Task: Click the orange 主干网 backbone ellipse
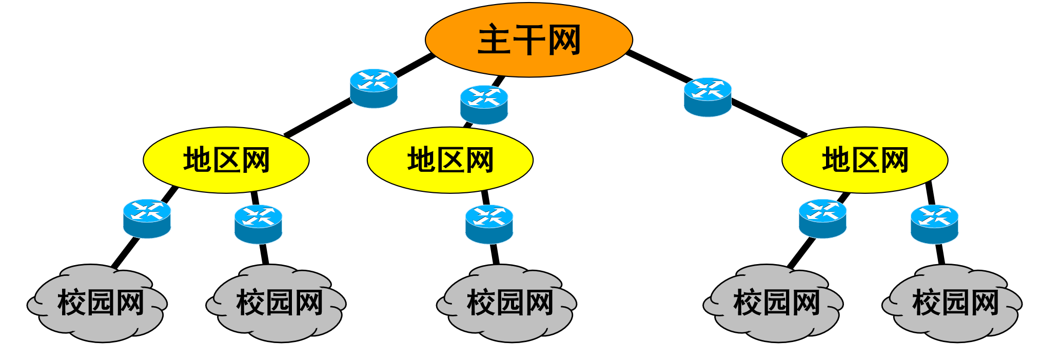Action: point(528,40)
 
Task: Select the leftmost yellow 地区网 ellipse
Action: point(226,160)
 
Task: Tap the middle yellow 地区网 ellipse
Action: point(450,160)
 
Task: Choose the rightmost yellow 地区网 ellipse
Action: point(864,160)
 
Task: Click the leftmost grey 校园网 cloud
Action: point(97,303)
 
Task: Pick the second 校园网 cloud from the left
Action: point(277,303)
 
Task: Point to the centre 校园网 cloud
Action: point(507,303)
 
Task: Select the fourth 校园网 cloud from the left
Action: point(774,303)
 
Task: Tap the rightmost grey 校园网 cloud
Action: point(953,303)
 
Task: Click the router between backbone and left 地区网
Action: point(374,88)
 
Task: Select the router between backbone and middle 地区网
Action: point(484,105)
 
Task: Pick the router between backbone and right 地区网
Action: point(708,97)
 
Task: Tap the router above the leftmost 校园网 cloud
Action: point(147,218)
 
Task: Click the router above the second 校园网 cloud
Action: point(258,224)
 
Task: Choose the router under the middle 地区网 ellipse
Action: point(489,224)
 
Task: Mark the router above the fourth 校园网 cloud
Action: point(822,218)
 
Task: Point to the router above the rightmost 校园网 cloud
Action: point(934,224)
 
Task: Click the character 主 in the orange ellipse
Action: point(494,40)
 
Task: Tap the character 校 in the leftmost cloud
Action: point(71,303)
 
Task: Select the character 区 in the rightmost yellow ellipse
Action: point(865,160)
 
